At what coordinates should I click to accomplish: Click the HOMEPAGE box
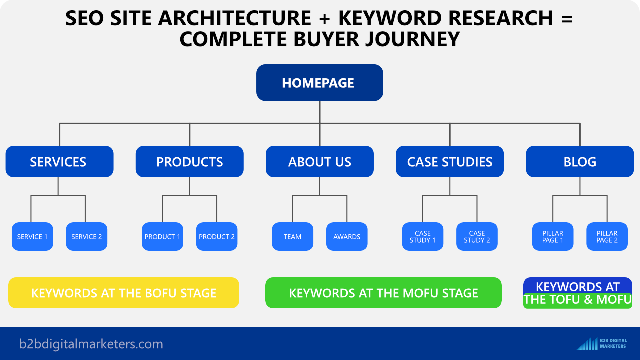point(319,83)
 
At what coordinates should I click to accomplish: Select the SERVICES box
point(59,161)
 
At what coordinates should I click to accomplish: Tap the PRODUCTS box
point(189,161)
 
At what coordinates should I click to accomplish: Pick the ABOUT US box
point(319,161)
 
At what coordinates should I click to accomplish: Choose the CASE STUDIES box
point(450,161)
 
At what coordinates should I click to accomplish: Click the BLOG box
point(580,161)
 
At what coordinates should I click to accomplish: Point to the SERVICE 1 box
point(32,237)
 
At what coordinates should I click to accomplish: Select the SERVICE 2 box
point(87,237)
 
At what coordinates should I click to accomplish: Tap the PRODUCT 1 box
point(162,237)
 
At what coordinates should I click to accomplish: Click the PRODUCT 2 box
point(217,237)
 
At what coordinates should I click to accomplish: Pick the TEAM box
point(293,237)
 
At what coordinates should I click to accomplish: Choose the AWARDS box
point(347,237)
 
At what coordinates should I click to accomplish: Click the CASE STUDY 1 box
point(423,237)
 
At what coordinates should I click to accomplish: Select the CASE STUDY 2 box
point(477,237)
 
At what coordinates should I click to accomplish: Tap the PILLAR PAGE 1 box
point(553,237)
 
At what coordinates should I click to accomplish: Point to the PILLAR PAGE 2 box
point(607,237)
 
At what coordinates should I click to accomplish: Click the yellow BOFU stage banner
point(124,293)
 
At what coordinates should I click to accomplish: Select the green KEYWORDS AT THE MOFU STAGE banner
point(383,293)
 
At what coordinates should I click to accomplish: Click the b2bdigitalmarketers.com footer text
point(91,344)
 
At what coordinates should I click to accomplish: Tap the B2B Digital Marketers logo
point(602,343)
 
